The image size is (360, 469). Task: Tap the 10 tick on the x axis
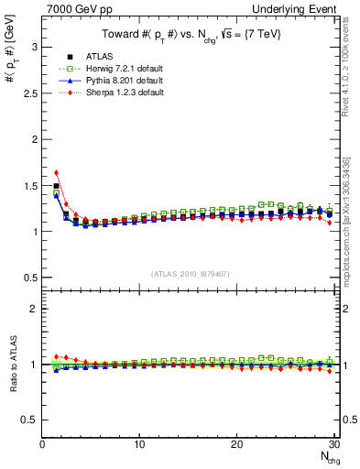(139, 444)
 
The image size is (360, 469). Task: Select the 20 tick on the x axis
(236, 444)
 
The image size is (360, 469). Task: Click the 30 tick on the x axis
(333, 444)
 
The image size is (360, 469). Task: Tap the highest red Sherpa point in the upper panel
(56, 172)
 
